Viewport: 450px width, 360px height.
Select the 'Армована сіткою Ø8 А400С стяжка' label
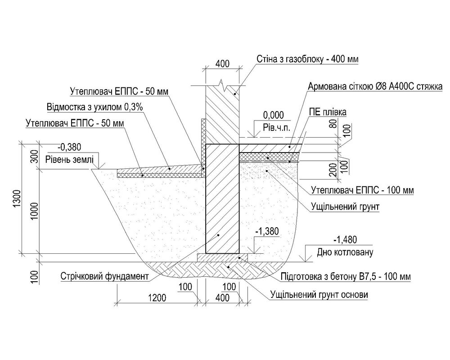click(375, 86)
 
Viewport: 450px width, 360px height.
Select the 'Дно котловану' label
click(346, 253)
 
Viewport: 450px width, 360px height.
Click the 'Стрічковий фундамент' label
click(104, 276)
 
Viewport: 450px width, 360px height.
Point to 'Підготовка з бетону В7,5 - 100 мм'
click(345, 276)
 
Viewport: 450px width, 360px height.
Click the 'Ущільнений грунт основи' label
click(319, 295)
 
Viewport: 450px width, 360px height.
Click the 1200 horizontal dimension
click(157, 297)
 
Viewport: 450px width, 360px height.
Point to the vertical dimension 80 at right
click(333, 124)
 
